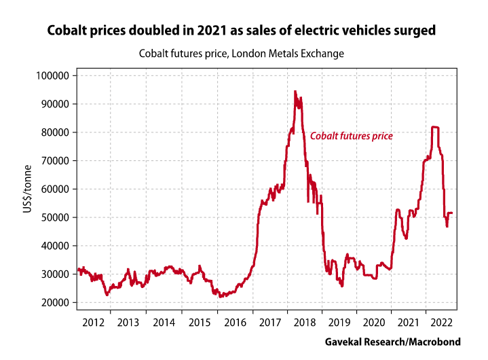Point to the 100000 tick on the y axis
53,75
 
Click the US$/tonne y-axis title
26,189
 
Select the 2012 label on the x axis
94,321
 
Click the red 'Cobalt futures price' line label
352,136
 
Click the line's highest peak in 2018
295,92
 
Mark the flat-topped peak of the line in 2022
435,127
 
